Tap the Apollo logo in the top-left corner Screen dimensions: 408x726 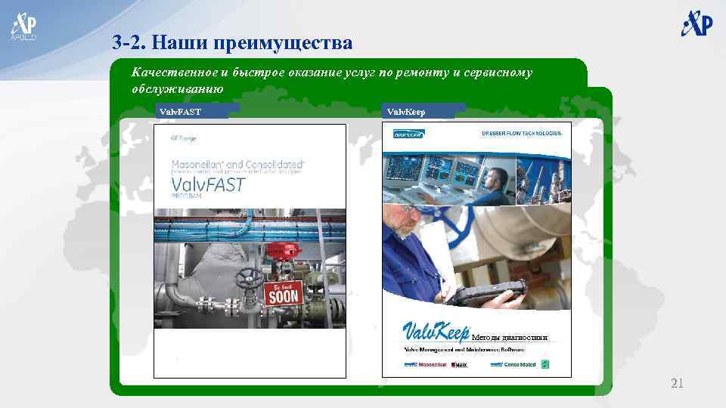click(23, 26)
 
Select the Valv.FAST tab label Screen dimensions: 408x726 click(180, 112)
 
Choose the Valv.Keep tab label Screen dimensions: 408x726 click(406, 112)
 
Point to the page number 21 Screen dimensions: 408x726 click(677, 385)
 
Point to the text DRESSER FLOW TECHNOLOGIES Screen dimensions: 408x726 click(522, 134)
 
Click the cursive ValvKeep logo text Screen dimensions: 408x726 click(435, 333)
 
